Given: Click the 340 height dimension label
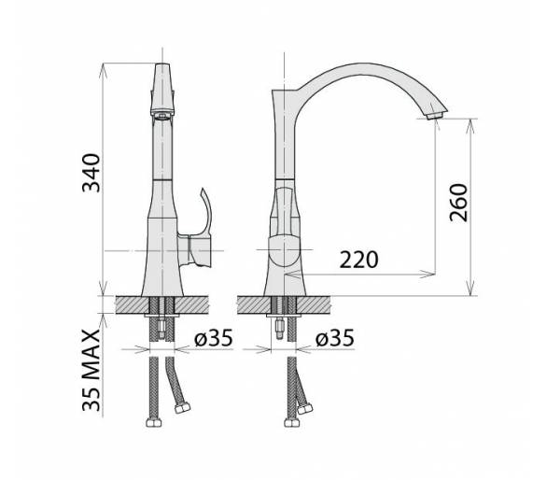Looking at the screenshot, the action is pyautogui.click(x=91, y=173).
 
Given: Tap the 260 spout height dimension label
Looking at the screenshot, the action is pyautogui.click(x=458, y=203).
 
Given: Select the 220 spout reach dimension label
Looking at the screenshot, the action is pyautogui.click(x=359, y=260).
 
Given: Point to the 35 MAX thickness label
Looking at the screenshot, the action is pyautogui.click(x=91, y=370).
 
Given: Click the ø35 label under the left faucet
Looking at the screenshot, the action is pyautogui.click(x=214, y=338).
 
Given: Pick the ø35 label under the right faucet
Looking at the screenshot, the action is pyautogui.click(x=335, y=338).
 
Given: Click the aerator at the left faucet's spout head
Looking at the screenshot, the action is pyautogui.click(x=162, y=116).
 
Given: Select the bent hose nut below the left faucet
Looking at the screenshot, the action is pyautogui.click(x=182, y=407).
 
